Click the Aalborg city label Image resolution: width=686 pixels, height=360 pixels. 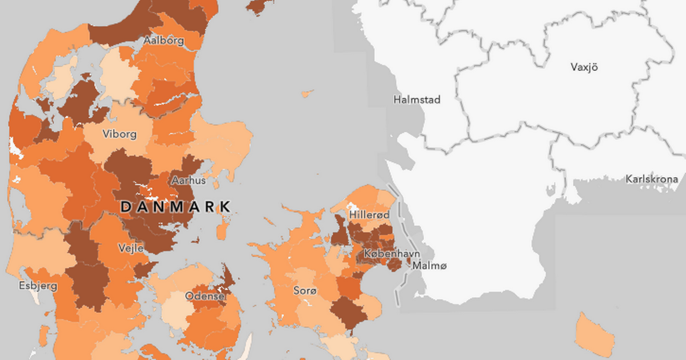coord(163,41)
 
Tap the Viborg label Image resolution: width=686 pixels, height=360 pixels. coord(119,134)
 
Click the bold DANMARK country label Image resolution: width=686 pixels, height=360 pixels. coord(176,206)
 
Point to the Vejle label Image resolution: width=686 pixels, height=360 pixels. coord(131,248)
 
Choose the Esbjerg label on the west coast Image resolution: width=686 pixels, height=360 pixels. coord(38,286)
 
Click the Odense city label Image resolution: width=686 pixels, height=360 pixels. coord(205,296)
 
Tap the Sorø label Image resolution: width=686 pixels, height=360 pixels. coord(304,290)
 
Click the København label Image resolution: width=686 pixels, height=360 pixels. coord(392,254)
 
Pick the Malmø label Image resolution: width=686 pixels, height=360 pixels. coord(429,265)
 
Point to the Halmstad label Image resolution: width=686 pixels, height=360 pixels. coord(417,100)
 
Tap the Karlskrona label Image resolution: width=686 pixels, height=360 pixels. coord(652,179)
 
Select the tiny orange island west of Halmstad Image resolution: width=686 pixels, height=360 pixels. coord(308,92)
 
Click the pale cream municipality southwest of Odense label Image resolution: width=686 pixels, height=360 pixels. coord(176,311)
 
